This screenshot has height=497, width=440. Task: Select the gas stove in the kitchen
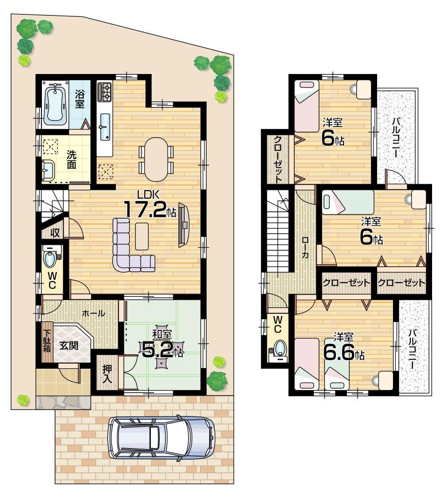pyautogui.click(x=104, y=92)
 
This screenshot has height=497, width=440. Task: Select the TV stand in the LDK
pyautogui.click(x=183, y=225)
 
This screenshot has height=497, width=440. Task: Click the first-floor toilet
pyautogui.click(x=49, y=257)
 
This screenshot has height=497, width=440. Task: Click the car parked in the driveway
pyautogui.click(x=161, y=437)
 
